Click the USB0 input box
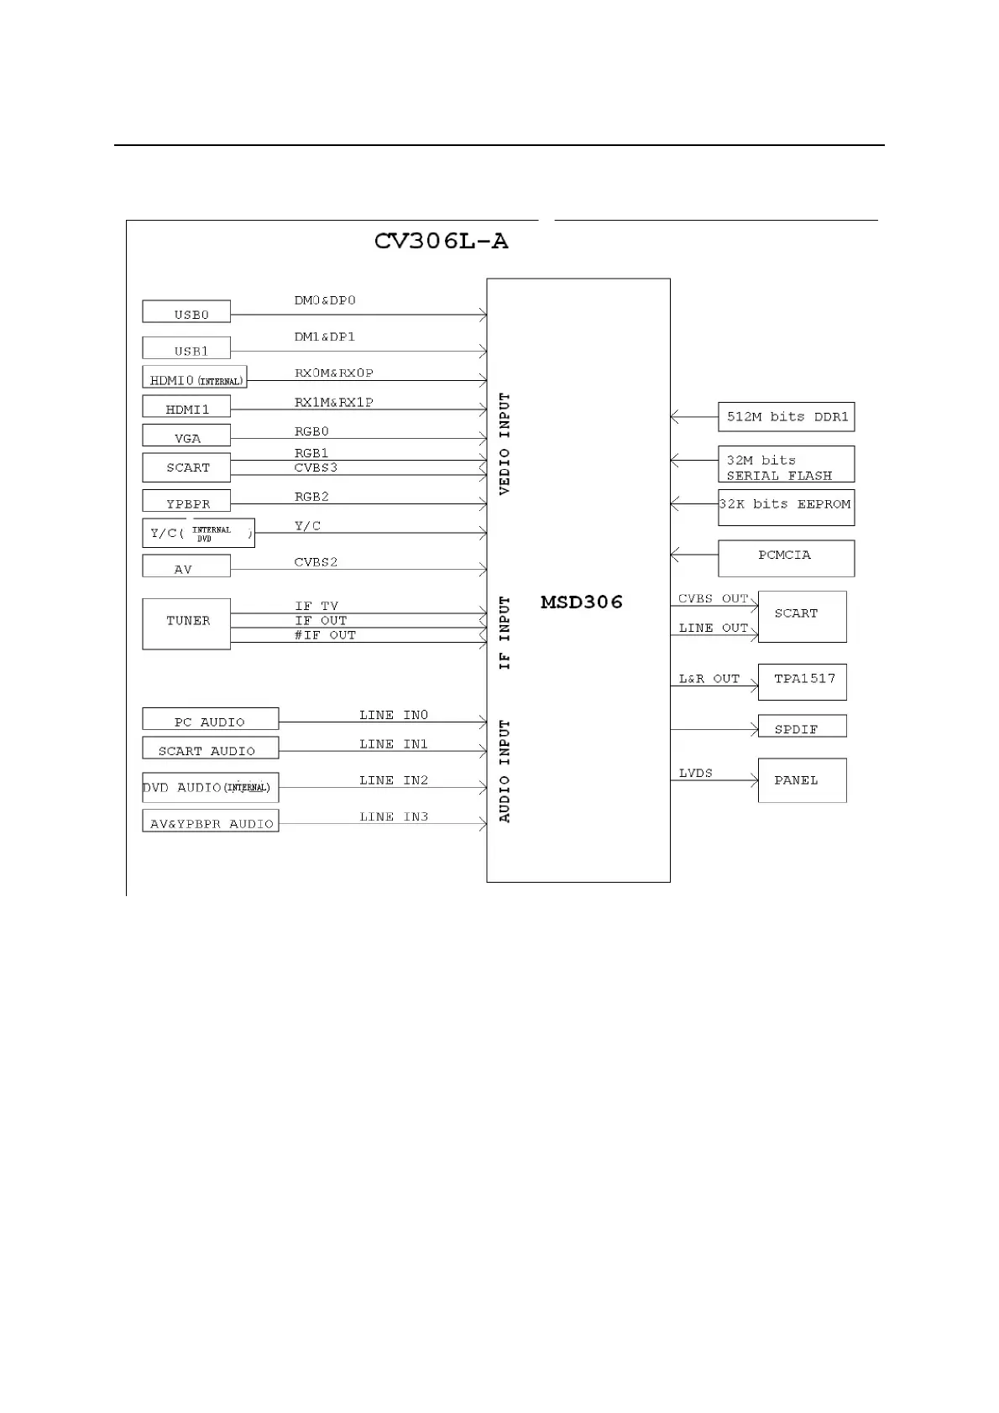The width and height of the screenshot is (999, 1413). [186, 312]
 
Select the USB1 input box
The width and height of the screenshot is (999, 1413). [186, 348]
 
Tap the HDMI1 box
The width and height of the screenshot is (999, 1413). [186, 408]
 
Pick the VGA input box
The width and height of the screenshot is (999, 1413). [186, 436]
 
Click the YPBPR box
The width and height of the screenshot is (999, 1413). [186, 501]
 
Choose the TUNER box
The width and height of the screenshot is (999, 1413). [186, 623]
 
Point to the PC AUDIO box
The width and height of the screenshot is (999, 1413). [210, 720]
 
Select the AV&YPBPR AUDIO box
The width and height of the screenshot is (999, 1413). [210, 821]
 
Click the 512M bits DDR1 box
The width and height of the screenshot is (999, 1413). [787, 417]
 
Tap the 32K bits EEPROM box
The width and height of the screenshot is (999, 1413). [787, 508]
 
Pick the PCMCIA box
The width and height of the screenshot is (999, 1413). [787, 558]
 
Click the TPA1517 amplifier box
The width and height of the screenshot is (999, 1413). [803, 681]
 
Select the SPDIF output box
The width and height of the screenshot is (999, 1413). [803, 727]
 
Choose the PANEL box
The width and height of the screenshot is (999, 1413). [803, 780]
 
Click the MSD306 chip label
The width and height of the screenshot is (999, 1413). [582, 602]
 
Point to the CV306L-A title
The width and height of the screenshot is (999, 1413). [441, 242]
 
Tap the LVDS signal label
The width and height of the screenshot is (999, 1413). [696, 773]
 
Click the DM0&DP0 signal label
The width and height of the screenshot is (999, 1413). [325, 300]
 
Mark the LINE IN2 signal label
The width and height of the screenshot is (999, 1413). [394, 780]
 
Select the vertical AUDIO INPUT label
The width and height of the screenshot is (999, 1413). [505, 771]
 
